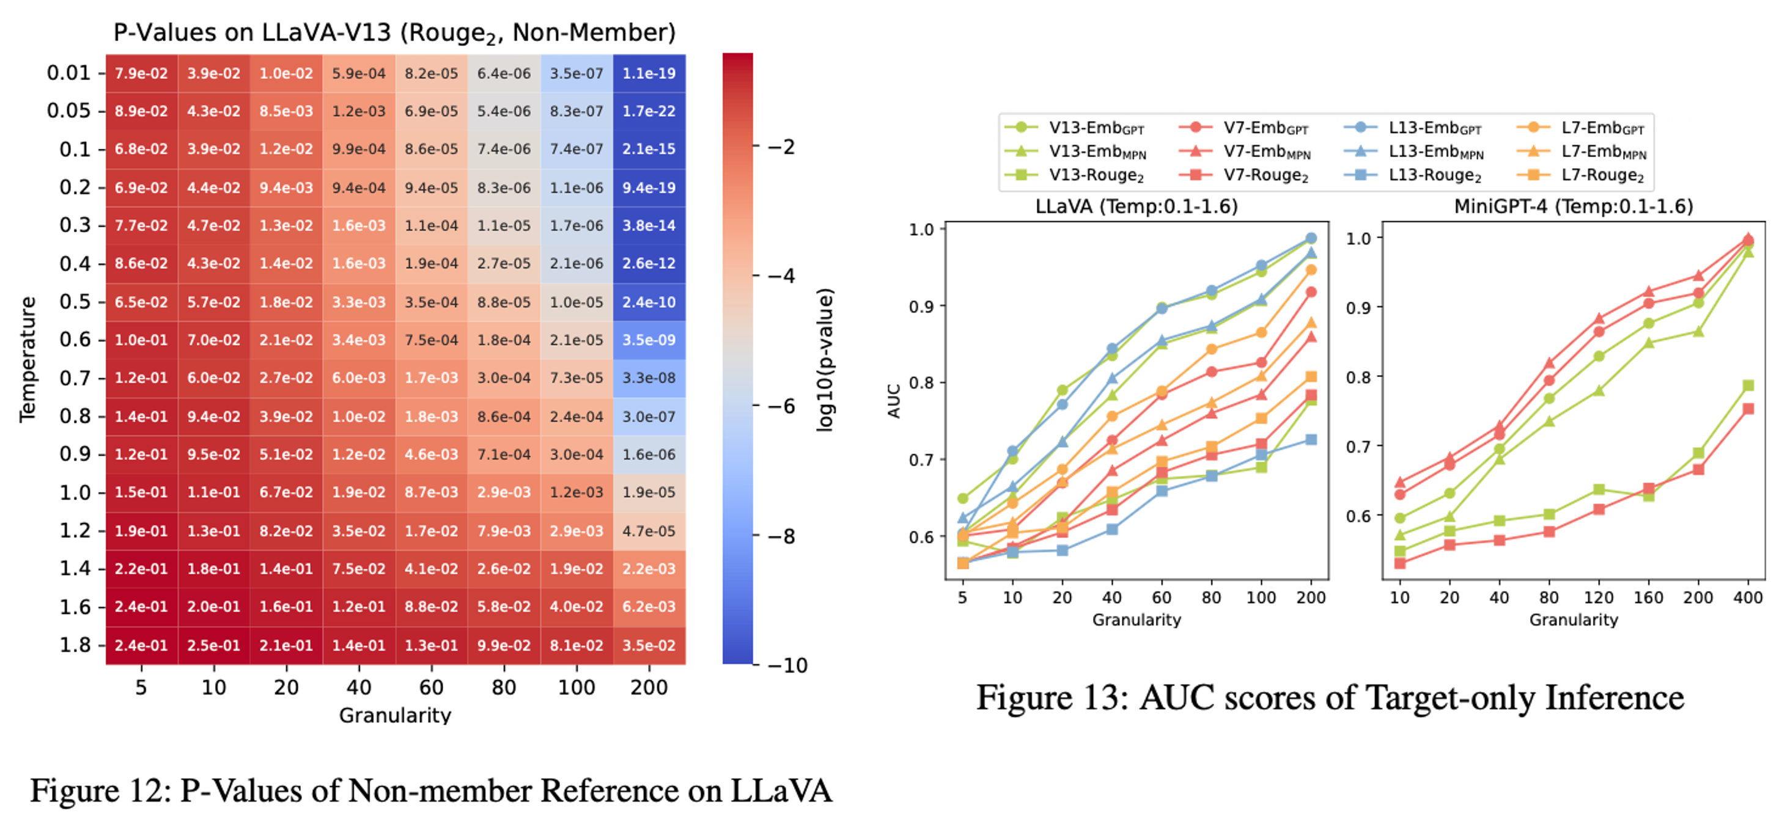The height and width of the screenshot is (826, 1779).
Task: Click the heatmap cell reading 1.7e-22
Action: pyautogui.click(x=649, y=111)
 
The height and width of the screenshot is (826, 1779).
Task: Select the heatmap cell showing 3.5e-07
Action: pyautogui.click(x=576, y=73)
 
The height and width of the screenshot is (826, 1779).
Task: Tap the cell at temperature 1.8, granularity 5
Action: pyautogui.click(x=141, y=645)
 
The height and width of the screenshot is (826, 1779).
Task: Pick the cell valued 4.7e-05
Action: pyautogui.click(x=649, y=531)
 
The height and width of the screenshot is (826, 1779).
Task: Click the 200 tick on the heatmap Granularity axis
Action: pyautogui.click(x=649, y=687)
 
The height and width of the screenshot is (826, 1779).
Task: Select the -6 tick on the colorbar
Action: pyautogui.click(x=783, y=406)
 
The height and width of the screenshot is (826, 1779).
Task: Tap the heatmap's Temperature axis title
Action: pyautogui.click(x=27, y=359)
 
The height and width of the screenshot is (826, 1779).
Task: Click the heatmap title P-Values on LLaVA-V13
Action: pyautogui.click(x=394, y=32)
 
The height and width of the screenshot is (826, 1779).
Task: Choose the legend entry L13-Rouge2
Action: pyautogui.click(x=1434, y=175)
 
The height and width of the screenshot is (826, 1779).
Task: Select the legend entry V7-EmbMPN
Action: pyautogui.click(x=1266, y=152)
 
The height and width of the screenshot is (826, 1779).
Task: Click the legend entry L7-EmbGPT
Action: pyautogui.click(x=1602, y=128)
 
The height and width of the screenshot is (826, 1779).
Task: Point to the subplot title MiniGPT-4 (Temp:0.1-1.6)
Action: pyautogui.click(x=1573, y=206)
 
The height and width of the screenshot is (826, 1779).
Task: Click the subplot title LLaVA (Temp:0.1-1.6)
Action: pyautogui.click(x=1136, y=206)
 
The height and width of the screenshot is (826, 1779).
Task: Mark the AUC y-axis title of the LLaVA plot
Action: pyautogui.click(x=894, y=401)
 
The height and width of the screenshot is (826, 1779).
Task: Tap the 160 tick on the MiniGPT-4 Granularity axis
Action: pyautogui.click(x=1648, y=598)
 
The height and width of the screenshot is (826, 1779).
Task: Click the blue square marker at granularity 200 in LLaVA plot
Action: pyautogui.click(x=1311, y=439)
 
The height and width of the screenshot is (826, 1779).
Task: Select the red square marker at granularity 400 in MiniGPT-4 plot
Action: pyautogui.click(x=1748, y=409)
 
